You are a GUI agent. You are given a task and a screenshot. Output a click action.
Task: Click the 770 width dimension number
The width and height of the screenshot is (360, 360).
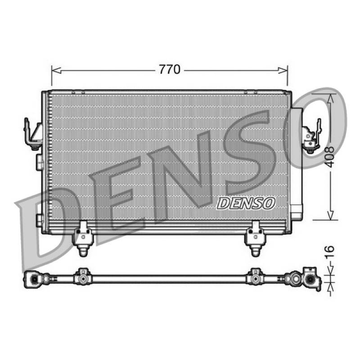pyautogui.click(x=170, y=70)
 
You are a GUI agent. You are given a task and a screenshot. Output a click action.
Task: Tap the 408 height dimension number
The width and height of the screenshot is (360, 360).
pyautogui.click(x=330, y=157)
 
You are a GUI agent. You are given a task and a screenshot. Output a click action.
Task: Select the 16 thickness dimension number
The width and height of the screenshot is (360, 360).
pyautogui.click(x=330, y=252)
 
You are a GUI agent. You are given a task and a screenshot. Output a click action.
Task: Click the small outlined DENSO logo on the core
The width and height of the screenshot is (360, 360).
pyautogui.click(x=246, y=203)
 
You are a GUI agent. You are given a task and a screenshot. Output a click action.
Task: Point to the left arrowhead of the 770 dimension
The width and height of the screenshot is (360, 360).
pyautogui.click(x=57, y=71)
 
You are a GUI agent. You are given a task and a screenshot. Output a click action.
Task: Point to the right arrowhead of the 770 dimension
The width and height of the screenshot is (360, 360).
pyautogui.click(x=283, y=71)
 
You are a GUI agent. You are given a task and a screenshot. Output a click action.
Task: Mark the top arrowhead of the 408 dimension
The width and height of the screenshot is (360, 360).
pyautogui.click(x=330, y=99)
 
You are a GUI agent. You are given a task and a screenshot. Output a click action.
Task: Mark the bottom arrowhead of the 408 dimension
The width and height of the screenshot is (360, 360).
pyautogui.click(x=330, y=215)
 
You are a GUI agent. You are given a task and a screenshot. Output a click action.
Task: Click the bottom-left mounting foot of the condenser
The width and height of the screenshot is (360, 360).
pyautogui.click(x=83, y=238)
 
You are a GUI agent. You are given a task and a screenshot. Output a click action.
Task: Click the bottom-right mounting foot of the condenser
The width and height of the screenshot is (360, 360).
pyautogui.click(x=255, y=238)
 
